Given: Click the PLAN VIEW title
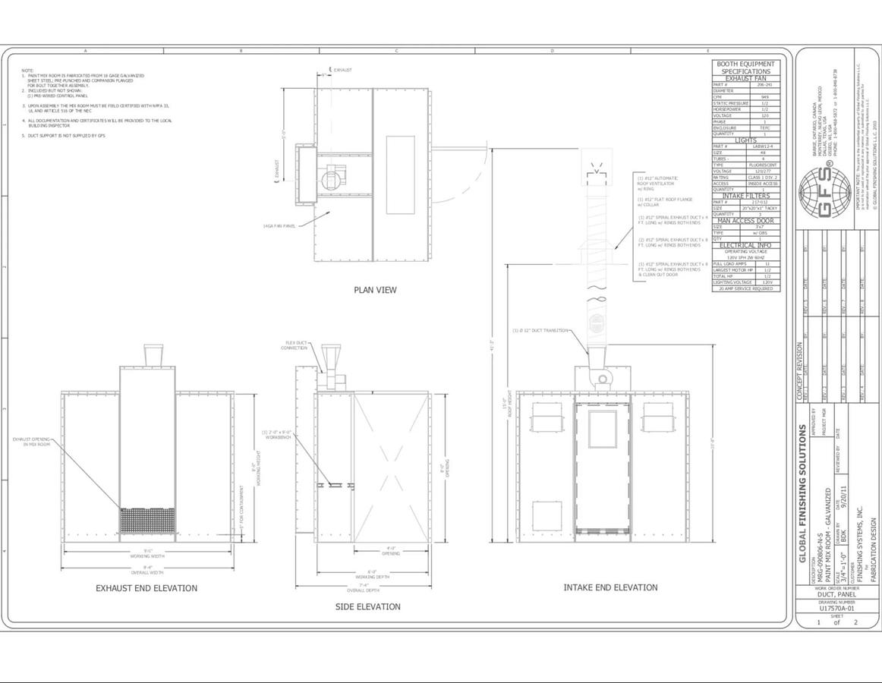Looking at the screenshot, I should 375,290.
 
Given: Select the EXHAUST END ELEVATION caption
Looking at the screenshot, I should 146,588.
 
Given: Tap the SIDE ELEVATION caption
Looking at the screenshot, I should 367,606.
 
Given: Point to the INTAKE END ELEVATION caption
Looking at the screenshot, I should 610,587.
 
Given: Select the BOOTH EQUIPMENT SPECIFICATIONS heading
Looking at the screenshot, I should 746,68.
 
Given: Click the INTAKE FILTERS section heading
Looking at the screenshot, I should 746,196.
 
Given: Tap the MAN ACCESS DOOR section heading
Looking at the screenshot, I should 746,221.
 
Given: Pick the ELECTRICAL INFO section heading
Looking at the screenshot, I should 746,245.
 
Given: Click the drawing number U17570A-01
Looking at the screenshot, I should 837,608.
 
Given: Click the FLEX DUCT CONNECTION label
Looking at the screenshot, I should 296,345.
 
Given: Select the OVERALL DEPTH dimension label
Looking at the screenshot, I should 362,590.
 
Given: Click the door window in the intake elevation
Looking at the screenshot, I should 602,429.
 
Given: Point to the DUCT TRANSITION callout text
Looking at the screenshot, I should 540,330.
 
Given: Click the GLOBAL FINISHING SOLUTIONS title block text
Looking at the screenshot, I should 803,493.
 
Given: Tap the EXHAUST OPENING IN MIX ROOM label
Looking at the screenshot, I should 30,441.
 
